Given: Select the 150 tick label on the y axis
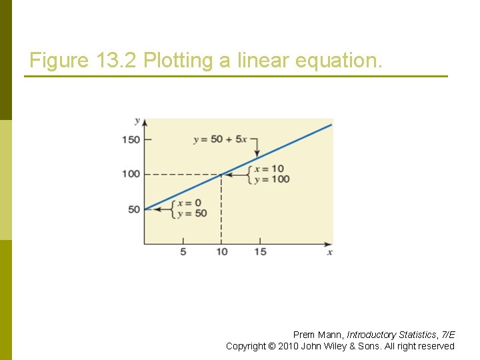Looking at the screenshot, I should click(x=131, y=139).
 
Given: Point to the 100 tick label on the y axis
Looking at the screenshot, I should click(x=131, y=174).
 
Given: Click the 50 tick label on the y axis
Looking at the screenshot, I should click(x=134, y=209).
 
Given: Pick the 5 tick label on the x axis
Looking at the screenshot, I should click(x=183, y=252).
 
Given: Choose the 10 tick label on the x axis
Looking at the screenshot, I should click(x=221, y=252).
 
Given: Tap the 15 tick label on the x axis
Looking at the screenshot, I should click(x=260, y=252).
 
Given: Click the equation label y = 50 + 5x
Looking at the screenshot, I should click(x=220, y=139).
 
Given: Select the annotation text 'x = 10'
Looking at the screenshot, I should click(x=269, y=169).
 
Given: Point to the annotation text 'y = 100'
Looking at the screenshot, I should click(x=271, y=179).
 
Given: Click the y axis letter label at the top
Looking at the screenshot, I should click(x=137, y=121).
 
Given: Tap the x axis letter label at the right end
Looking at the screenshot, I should click(x=329, y=252).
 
